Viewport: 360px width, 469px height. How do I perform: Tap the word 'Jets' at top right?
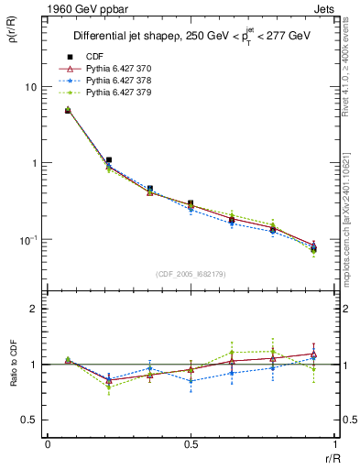(323, 8)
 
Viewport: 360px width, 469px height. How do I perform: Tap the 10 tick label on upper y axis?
(30, 87)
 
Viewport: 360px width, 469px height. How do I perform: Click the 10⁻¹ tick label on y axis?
(27, 239)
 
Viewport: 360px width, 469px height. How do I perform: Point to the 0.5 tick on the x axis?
(191, 444)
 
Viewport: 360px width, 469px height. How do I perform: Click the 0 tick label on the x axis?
(48, 444)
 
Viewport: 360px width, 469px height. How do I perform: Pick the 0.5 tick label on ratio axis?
(29, 420)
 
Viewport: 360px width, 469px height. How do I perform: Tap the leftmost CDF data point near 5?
(68, 111)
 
